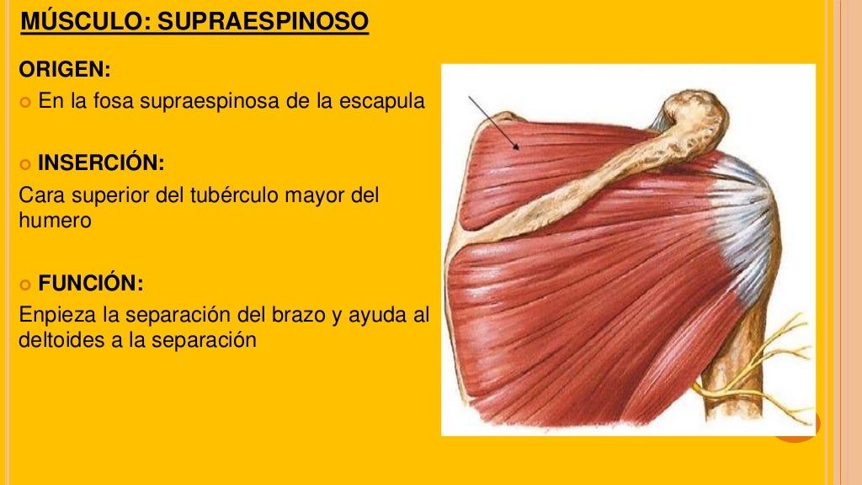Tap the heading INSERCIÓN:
click(100, 162)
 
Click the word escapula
click(382, 102)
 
